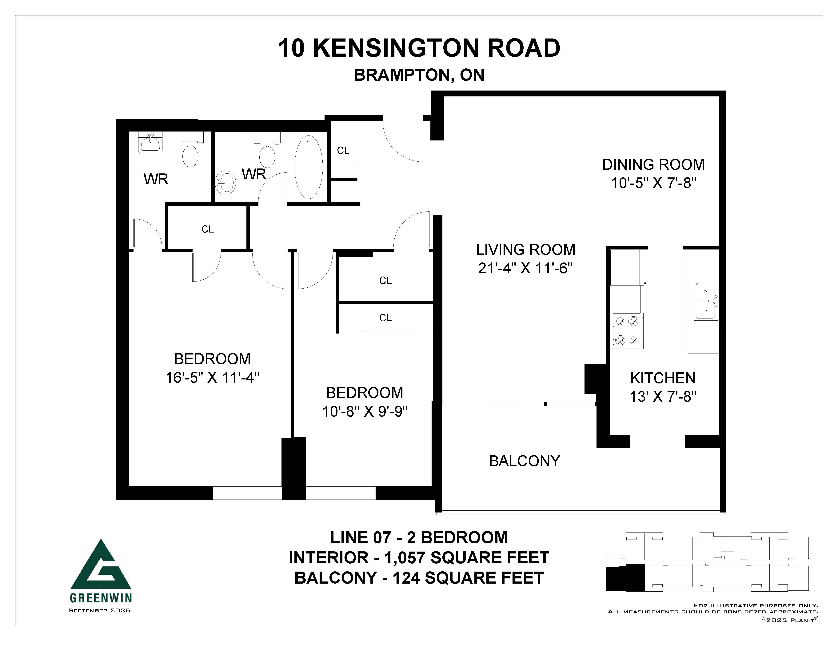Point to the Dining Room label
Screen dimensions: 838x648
[x=653, y=165]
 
